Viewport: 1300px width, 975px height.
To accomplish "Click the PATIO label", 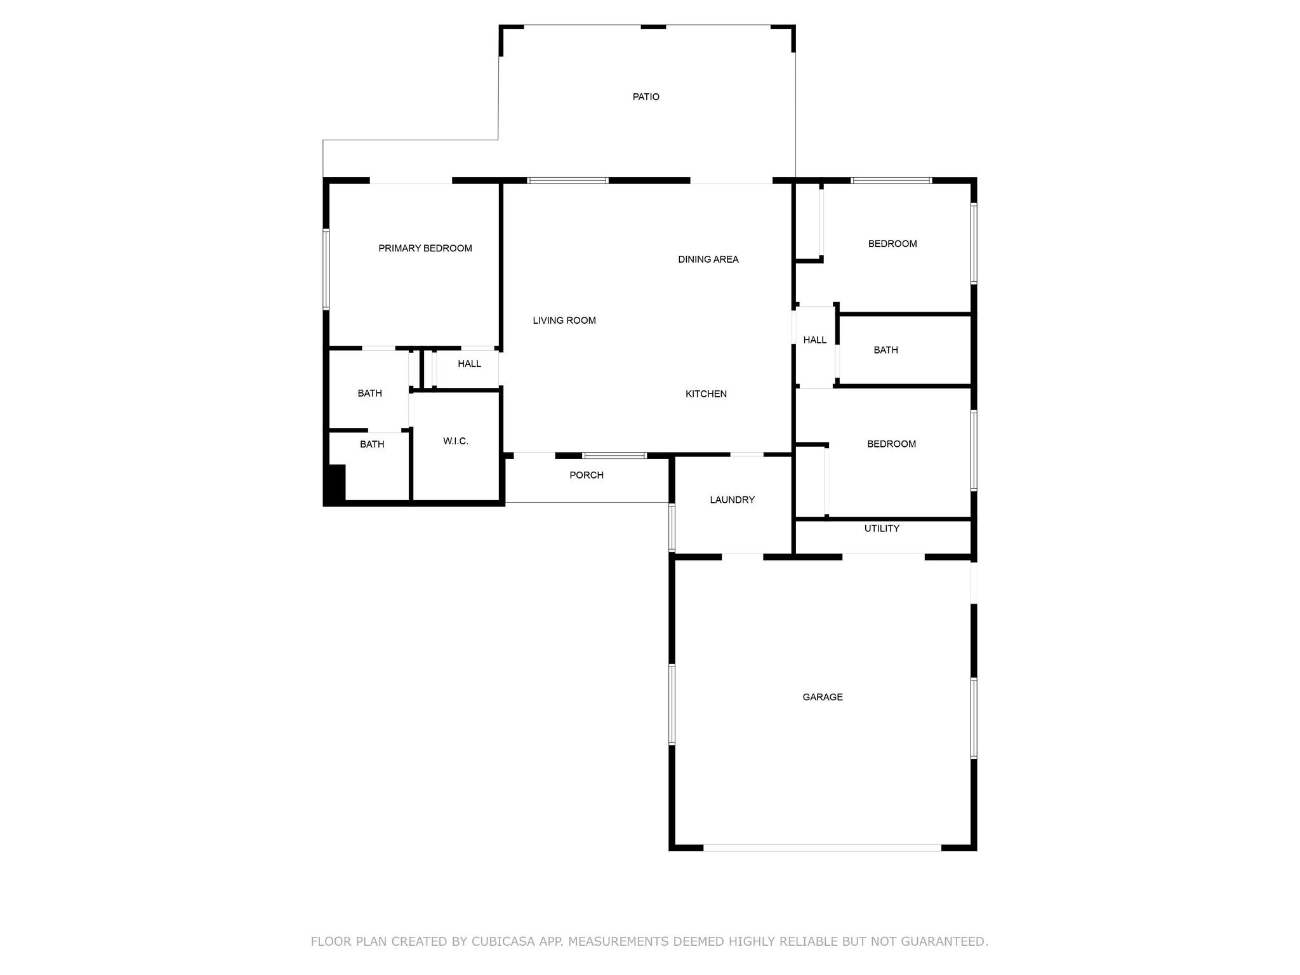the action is tap(646, 97).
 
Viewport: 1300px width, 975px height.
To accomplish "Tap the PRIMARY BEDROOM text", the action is tap(425, 248).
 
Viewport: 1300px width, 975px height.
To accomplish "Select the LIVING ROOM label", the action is tap(564, 321).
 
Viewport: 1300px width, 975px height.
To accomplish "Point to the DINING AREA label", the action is tap(708, 259).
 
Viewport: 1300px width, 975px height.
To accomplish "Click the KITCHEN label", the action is tap(706, 394).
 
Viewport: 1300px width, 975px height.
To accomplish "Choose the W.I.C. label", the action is tap(456, 441).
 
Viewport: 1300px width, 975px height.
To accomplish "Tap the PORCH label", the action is tap(587, 475).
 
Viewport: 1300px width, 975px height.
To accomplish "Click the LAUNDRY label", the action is tap(733, 500).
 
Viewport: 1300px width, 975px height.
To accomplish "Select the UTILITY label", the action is tap(882, 529).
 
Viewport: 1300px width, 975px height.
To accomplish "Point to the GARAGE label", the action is tap(823, 697).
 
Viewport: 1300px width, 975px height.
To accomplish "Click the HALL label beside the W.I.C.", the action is tap(470, 364).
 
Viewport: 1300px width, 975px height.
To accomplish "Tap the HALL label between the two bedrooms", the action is tap(815, 340).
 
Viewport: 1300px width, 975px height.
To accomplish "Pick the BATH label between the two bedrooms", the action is tap(885, 350).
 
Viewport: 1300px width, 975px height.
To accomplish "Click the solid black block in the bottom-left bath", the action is tap(336, 484).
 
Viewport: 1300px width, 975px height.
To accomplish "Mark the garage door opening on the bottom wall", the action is tap(822, 847).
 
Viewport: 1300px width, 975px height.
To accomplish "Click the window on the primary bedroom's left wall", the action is tap(326, 269).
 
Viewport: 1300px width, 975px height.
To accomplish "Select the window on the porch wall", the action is tap(614, 455).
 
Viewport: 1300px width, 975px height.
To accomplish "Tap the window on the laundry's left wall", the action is tap(672, 527).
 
